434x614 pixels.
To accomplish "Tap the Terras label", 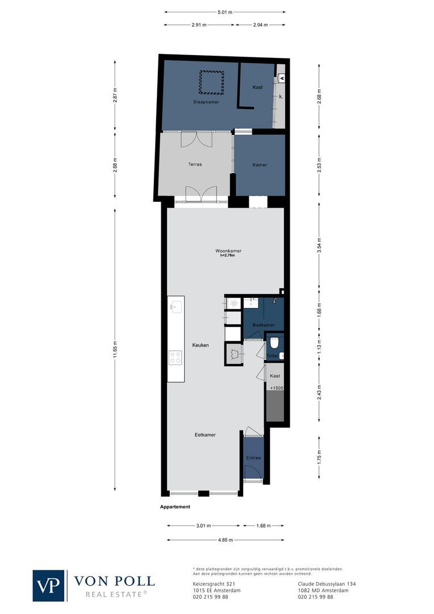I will (195, 164).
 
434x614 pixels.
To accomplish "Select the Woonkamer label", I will (228, 251).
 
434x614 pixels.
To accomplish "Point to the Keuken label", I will (201, 345).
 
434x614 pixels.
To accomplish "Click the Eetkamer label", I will (205, 434).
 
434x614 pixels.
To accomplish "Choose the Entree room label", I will (253, 458).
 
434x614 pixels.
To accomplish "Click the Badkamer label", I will (264, 325).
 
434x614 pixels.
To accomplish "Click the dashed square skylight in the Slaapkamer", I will (211, 82).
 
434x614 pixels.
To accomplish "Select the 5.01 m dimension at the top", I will (224, 11).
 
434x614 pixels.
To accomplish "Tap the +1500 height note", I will (276, 388).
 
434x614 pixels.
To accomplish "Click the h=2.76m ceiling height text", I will (228, 256).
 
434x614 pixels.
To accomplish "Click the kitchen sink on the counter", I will (175, 307).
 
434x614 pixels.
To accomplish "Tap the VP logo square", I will (48, 585).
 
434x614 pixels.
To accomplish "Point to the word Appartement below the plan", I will (175, 507).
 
